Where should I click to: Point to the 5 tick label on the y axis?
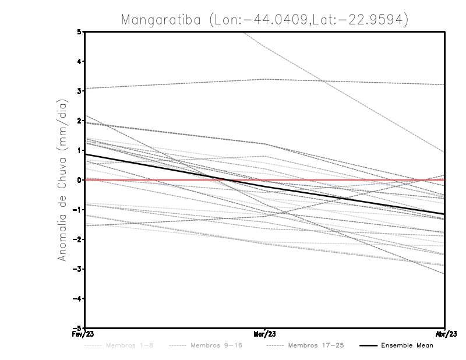tap(79, 32)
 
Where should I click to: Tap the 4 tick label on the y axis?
tap(79, 62)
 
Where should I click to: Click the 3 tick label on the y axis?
tap(79, 91)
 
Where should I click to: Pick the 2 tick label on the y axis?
tap(79, 121)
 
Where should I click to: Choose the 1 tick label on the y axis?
tap(79, 150)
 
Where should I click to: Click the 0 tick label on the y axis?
tap(79, 180)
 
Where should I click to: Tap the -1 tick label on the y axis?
tap(77, 210)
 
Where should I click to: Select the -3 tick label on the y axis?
tap(77, 269)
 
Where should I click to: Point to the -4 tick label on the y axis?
tap(77, 298)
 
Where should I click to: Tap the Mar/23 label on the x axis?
tap(265, 334)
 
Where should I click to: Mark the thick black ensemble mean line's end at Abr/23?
tap(444, 214)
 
